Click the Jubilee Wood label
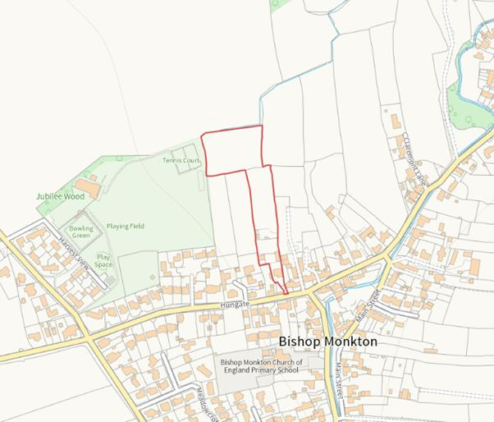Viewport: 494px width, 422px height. point(60,197)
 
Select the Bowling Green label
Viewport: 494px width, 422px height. point(81,231)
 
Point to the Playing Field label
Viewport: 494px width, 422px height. point(125,226)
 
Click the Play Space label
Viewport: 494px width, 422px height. point(103,260)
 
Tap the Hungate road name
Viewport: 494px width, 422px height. point(233,304)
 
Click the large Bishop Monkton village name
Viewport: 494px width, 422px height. point(327,341)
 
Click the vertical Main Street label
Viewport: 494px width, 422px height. point(339,378)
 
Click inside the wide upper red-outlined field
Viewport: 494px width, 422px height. point(232,150)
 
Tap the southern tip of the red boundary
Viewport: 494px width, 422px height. point(286,293)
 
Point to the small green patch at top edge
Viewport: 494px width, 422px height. point(277,4)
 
